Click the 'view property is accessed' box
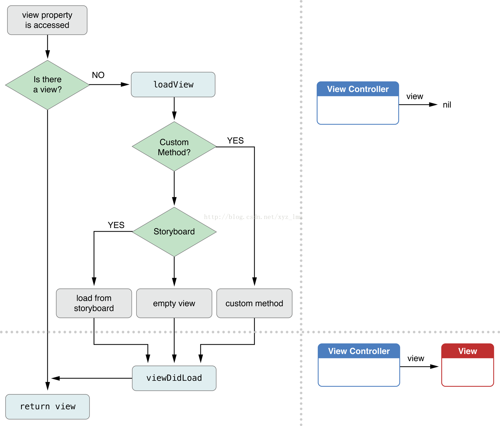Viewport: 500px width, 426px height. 47,20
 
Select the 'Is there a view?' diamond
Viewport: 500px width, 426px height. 48,85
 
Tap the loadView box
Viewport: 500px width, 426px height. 173,84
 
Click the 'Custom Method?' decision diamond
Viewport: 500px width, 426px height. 174,147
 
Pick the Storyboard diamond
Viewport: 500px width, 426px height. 174,232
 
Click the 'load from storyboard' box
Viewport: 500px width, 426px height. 94,303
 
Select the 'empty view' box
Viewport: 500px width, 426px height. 174,303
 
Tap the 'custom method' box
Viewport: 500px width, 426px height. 254,303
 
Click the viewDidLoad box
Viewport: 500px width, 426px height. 174,378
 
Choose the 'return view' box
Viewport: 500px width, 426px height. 48,407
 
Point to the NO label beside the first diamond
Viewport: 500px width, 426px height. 98,75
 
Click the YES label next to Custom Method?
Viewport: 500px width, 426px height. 235,140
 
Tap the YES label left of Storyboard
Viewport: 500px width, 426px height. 116,225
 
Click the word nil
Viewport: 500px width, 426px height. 447,105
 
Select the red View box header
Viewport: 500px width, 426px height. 468,351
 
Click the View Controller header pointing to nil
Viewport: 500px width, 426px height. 358,89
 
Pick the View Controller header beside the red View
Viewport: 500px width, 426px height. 359,351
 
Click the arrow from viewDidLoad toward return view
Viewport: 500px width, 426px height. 92,378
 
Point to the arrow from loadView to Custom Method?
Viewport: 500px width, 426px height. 174,108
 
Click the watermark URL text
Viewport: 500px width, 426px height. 253,217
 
